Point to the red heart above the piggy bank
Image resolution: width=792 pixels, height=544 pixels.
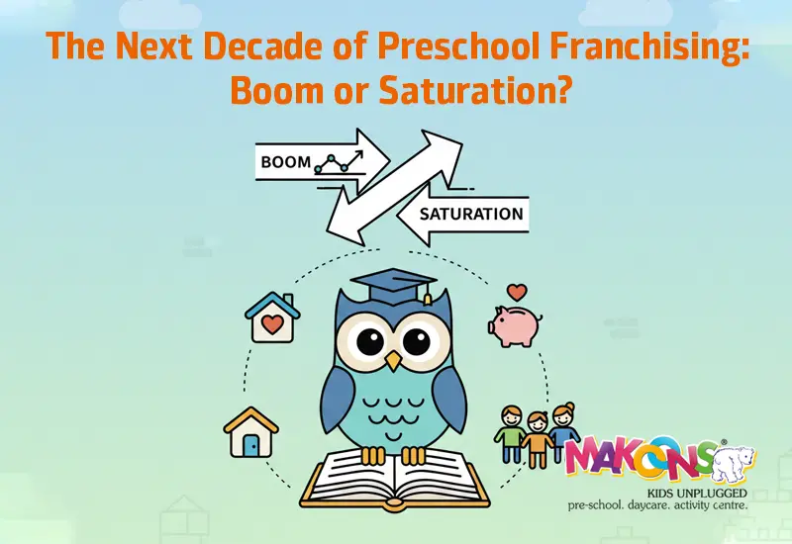(x=516, y=292)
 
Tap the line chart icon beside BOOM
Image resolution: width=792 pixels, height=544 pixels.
(x=334, y=162)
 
